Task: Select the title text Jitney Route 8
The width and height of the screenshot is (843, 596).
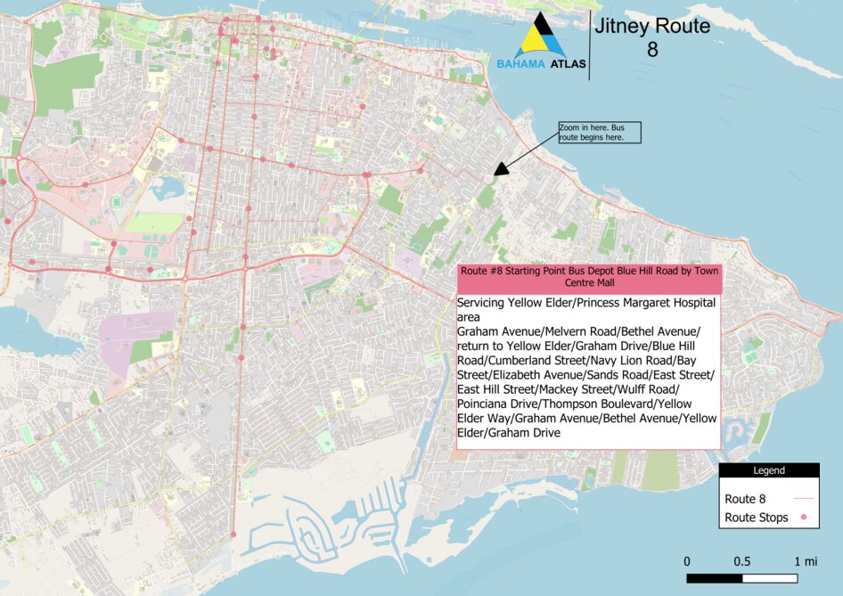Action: click(x=652, y=37)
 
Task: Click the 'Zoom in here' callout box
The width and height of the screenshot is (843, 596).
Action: click(x=600, y=133)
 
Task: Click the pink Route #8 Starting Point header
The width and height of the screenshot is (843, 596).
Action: click(x=588, y=277)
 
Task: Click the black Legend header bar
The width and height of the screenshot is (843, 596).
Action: click(x=769, y=470)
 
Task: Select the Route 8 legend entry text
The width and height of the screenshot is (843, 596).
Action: click(x=745, y=499)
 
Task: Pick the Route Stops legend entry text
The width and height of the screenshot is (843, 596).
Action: click(x=756, y=518)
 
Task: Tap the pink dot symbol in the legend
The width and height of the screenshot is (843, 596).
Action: click(x=803, y=518)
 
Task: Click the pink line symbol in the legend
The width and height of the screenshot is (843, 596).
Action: click(x=803, y=499)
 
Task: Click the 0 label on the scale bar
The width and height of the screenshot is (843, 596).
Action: click(x=687, y=561)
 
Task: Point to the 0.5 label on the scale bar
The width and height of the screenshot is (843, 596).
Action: click(x=741, y=561)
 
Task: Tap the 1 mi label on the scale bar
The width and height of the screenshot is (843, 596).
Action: click(x=805, y=561)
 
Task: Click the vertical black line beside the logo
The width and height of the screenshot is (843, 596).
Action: click(x=589, y=46)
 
